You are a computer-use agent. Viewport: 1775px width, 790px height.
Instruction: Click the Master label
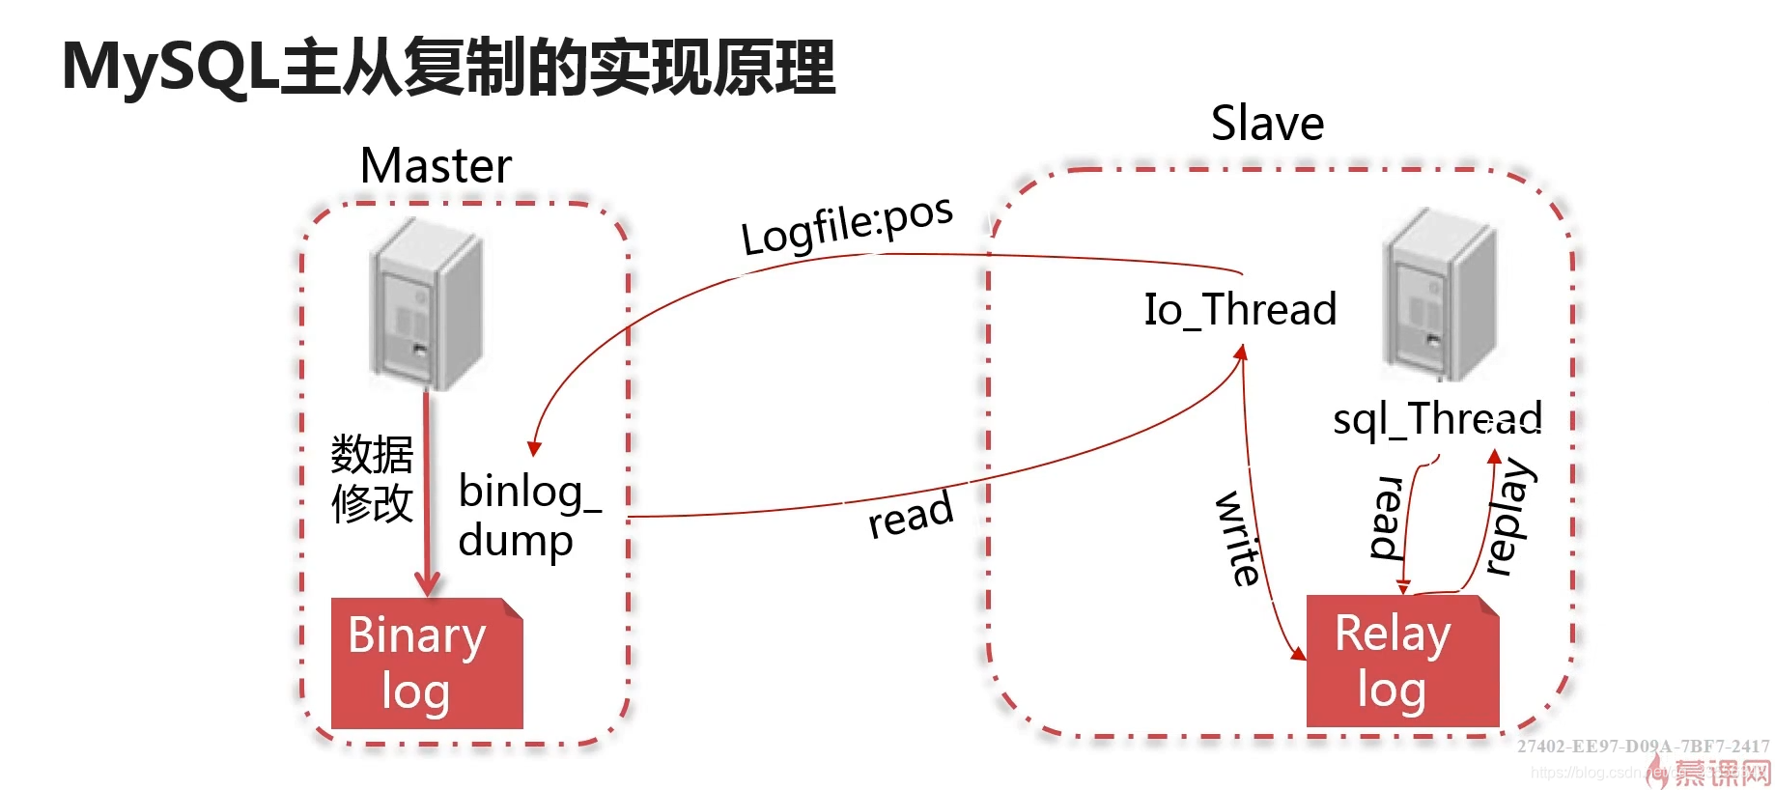pyautogui.click(x=436, y=165)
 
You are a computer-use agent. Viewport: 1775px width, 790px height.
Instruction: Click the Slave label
pyautogui.click(x=1267, y=124)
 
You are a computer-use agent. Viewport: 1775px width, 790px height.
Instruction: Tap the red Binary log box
pyautogui.click(x=426, y=663)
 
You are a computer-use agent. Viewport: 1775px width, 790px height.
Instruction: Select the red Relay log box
pyautogui.click(x=1401, y=662)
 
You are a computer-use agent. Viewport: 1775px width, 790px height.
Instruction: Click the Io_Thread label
pyautogui.click(x=1240, y=310)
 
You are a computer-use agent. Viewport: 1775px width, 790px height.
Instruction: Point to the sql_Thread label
pyautogui.click(x=1436, y=419)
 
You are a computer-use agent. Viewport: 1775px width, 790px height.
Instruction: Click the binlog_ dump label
pyautogui.click(x=528, y=516)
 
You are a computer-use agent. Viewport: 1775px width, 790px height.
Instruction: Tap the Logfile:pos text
pyautogui.click(x=847, y=224)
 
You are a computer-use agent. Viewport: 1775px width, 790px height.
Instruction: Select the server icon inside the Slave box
pyautogui.click(x=1441, y=294)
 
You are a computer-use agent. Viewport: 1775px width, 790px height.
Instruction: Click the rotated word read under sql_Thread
pyautogui.click(x=1387, y=518)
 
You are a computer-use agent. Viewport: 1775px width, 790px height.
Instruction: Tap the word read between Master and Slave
pyautogui.click(x=910, y=515)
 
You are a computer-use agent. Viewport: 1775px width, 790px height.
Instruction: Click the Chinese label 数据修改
pyautogui.click(x=372, y=479)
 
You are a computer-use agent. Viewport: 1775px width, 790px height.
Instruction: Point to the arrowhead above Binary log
pyautogui.click(x=427, y=582)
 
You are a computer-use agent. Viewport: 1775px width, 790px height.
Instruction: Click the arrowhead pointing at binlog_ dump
pyautogui.click(x=534, y=448)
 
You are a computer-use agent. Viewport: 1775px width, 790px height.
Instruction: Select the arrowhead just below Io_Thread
pyautogui.click(x=1242, y=353)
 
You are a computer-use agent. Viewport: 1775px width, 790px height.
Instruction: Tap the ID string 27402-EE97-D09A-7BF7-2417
pyautogui.click(x=1643, y=746)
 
